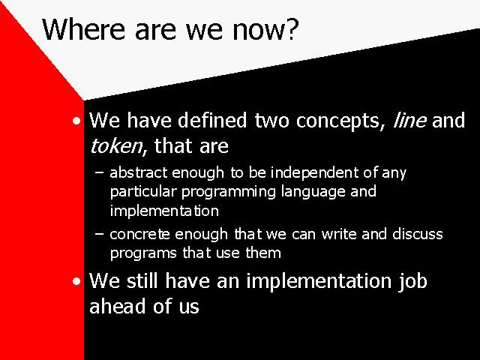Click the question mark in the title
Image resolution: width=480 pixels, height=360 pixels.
(x=292, y=29)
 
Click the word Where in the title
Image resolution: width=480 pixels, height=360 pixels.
(x=84, y=29)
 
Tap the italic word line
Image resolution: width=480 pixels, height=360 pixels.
(x=409, y=120)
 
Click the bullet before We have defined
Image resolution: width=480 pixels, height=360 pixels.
(x=76, y=121)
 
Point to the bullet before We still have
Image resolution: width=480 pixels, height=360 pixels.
(x=76, y=281)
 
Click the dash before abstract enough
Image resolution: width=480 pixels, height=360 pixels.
(x=99, y=172)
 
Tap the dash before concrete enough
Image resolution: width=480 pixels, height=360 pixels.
(x=99, y=234)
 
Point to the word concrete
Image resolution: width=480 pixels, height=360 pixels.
(x=139, y=235)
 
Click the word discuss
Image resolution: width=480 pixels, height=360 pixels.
(x=418, y=234)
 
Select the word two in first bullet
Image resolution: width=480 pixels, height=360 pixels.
(x=271, y=121)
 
